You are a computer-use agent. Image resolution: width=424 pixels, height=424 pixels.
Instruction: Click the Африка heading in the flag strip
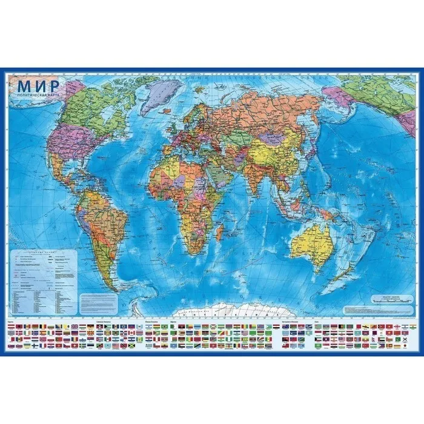[174, 320]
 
